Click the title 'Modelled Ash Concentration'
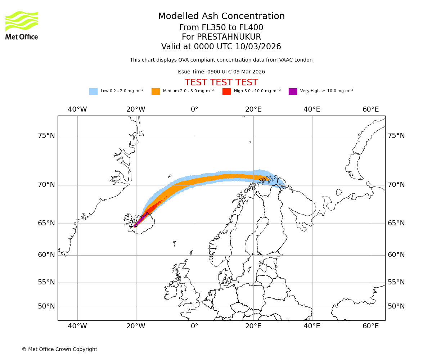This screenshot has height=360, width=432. click(x=221, y=17)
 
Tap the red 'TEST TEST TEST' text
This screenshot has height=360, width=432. click(x=221, y=83)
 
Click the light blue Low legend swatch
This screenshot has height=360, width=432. click(x=93, y=91)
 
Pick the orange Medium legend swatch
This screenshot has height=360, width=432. click(x=156, y=91)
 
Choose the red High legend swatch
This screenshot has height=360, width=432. click(x=226, y=91)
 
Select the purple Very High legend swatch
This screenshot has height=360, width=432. click(x=293, y=91)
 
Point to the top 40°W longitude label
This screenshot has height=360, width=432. click(x=77, y=109)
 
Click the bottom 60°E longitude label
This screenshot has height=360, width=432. click(x=371, y=326)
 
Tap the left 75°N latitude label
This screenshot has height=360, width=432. click(x=46, y=136)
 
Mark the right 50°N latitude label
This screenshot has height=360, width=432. click(x=396, y=306)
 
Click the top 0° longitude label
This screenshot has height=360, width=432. click(x=194, y=109)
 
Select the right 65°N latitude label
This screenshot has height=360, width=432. click(x=396, y=223)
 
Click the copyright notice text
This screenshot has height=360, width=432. click(x=59, y=350)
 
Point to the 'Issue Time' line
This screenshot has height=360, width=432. click(x=221, y=72)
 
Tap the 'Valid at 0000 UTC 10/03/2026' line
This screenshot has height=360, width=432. click(x=221, y=47)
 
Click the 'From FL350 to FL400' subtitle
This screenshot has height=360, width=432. click(x=221, y=28)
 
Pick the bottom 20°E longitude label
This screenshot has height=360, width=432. click(x=253, y=326)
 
